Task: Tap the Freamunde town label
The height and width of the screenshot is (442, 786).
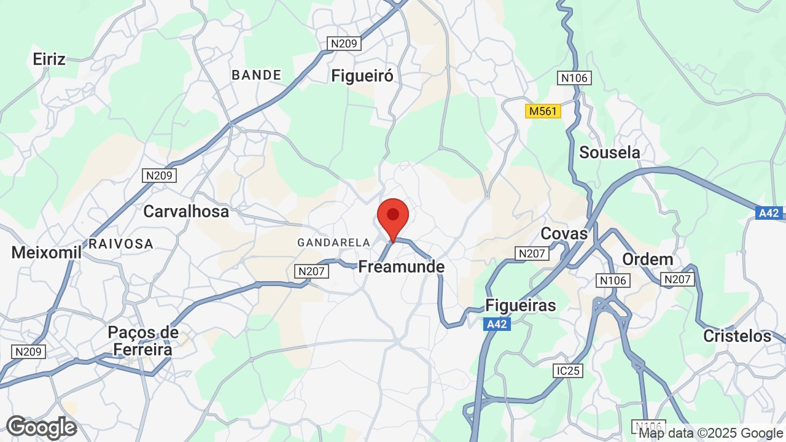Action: [401, 267]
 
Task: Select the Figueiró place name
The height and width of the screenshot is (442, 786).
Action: [362, 76]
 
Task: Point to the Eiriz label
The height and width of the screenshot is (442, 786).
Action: [49, 59]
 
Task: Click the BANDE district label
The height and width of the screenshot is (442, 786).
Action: [256, 75]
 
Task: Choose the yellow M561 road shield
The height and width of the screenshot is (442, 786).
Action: [543, 111]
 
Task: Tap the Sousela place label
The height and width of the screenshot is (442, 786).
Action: [609, 152]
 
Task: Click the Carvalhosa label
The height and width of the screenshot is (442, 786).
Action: [185, 211]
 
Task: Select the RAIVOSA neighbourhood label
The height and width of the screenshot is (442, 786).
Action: [120, 244]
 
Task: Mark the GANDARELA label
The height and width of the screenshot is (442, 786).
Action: [333, 242]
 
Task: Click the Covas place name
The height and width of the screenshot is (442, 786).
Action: [564, 233]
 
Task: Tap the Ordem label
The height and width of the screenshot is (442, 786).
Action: [647, 259]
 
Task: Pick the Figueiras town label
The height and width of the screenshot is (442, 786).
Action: [520, 305]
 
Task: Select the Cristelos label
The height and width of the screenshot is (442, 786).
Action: [737, 336]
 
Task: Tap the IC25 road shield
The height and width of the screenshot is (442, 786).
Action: [567, 371]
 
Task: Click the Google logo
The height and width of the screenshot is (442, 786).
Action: [41, 427]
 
